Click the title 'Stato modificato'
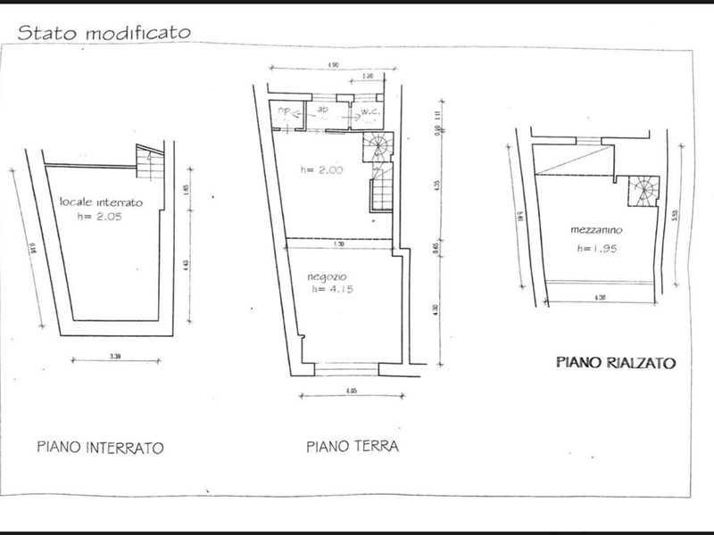(105, 32)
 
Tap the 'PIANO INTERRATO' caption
(101, 448)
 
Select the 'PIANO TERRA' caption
(352, 446)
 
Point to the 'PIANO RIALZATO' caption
(616, 362)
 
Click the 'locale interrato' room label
(100, 203)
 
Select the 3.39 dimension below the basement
(114, 357)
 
